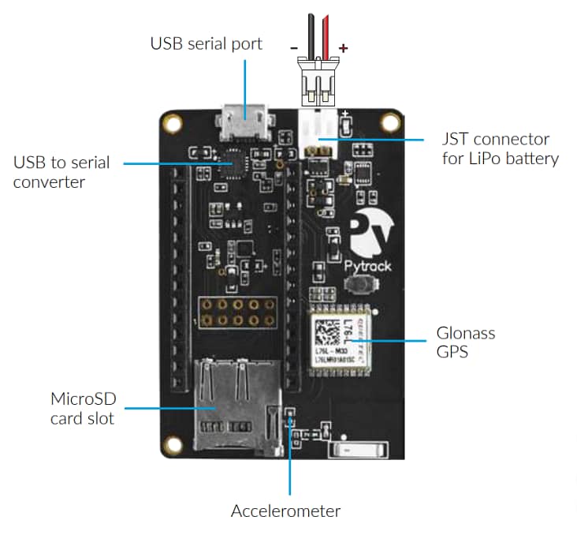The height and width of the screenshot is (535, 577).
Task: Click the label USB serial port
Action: click(206, 43)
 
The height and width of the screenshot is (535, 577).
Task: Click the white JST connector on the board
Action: click(318, 126)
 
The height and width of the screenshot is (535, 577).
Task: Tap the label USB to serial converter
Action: click(61, 173)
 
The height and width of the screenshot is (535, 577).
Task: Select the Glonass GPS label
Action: click(465, 342)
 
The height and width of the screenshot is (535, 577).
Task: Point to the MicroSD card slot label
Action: click(82, 408)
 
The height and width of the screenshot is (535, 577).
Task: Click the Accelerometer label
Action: click(285, 511)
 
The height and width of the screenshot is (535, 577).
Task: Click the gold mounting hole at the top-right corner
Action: click(389, 122)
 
